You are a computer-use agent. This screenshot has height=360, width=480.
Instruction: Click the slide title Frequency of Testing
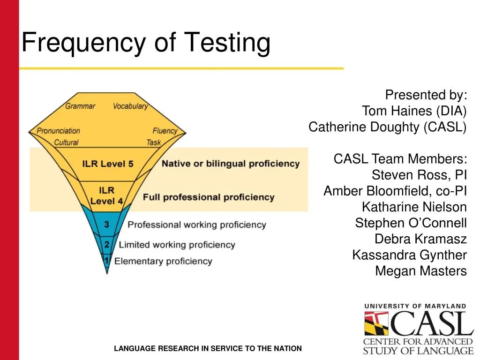[x=146, y=43]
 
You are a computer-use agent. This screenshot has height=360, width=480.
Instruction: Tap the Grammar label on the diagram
[x=80, y=106]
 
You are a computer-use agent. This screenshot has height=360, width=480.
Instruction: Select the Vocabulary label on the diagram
[x=130, y=106]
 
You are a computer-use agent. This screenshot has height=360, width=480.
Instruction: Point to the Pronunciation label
[x=59, y=131]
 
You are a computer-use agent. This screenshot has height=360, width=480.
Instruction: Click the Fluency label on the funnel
[x=165, y=131]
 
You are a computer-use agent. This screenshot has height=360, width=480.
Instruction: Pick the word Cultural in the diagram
[x=66, y=142]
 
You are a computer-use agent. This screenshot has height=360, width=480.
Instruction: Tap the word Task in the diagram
[x=153, y=142]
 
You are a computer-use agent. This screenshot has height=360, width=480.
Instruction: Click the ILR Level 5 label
[x=108, y=164]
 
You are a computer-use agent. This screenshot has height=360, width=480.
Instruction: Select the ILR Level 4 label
[x=106, y=195]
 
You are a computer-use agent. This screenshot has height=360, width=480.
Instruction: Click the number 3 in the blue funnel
[x=107, y=225]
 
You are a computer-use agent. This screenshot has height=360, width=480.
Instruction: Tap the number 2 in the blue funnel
[x=107, y=245]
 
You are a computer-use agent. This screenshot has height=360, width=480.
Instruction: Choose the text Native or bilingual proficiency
[x=230, y=164]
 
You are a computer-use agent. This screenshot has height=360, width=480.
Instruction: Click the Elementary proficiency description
[x=163, y=261]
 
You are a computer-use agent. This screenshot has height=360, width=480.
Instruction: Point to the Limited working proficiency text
[x=177, y=245]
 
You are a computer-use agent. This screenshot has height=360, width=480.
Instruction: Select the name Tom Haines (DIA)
[x=414, y=111]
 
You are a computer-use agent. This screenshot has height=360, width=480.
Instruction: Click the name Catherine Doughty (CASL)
[x=387, y=127]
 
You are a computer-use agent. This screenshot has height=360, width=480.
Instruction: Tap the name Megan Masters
[x=420, y=271]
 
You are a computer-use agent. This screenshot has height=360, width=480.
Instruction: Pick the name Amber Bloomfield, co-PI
[x=395, y=191]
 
